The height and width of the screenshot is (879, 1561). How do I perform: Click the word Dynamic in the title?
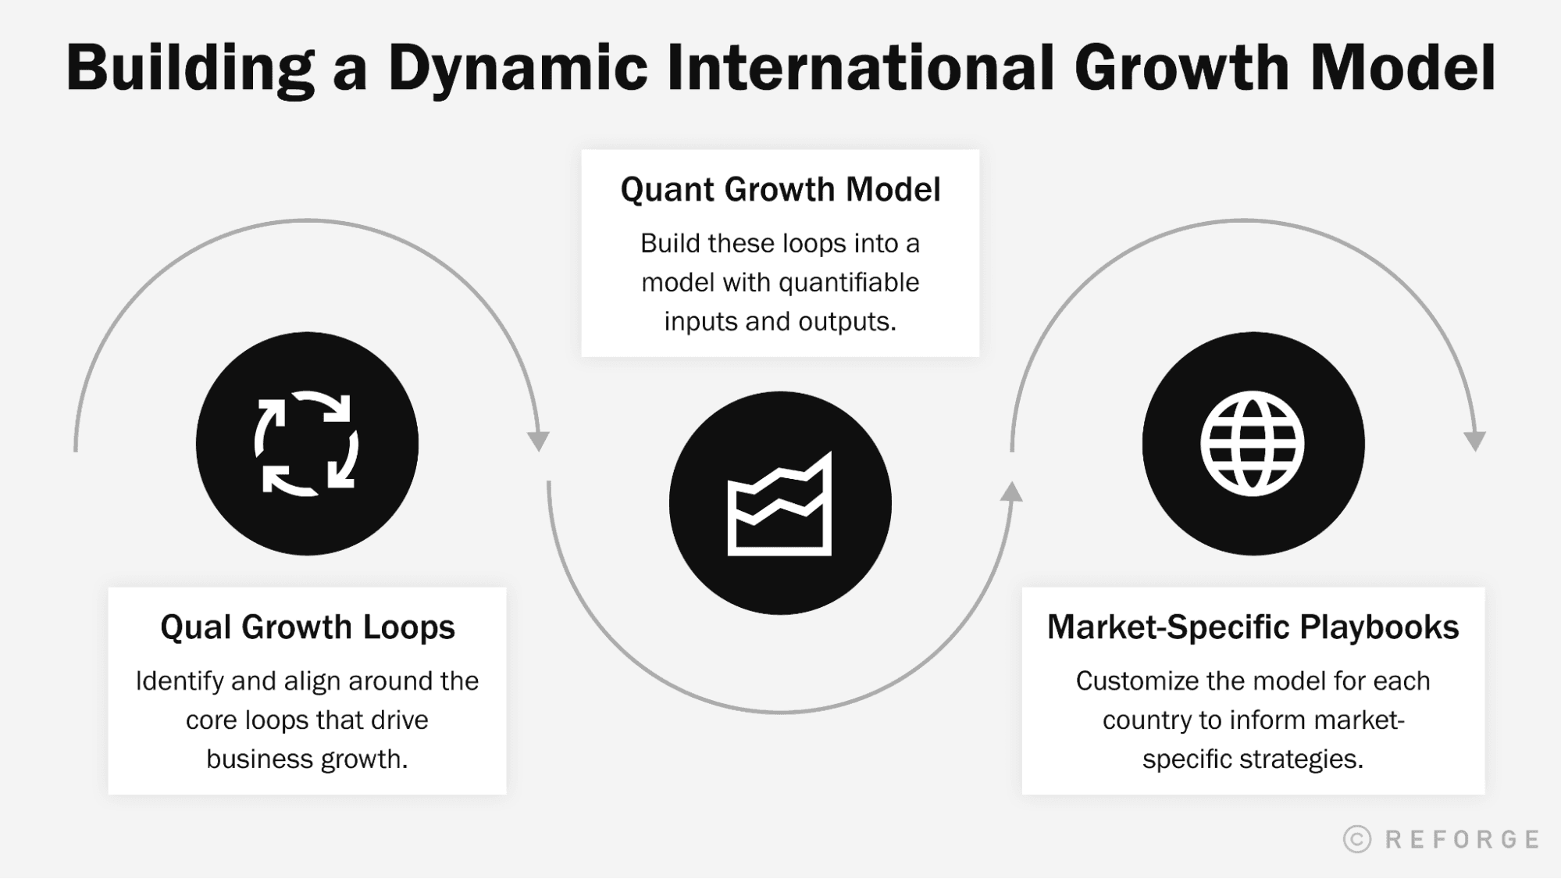[x=517, y=69]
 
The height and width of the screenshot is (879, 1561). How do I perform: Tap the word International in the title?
[x=862, y=69]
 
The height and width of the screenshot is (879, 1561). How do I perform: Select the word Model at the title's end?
[x=1402, y=69]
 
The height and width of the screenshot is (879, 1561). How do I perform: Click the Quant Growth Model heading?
[x=780, y=190]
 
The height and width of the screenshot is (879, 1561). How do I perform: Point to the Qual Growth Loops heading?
[x=307, y=627]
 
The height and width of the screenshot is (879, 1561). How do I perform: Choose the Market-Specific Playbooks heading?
[x=1253, y=627]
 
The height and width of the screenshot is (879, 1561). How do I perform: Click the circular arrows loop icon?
[x=307, y=443]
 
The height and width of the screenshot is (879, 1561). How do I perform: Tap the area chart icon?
[x=779, y=504]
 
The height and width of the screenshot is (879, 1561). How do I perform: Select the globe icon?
[x=1253, y=443]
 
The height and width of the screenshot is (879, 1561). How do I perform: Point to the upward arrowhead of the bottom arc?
[x=1011, y=491]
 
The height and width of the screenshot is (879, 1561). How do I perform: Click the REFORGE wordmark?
[x=1462, y=839]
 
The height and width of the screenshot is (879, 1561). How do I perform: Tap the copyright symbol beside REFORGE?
[x=1357, y=839]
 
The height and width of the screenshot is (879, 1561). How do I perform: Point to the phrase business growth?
[x=307, y=759]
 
